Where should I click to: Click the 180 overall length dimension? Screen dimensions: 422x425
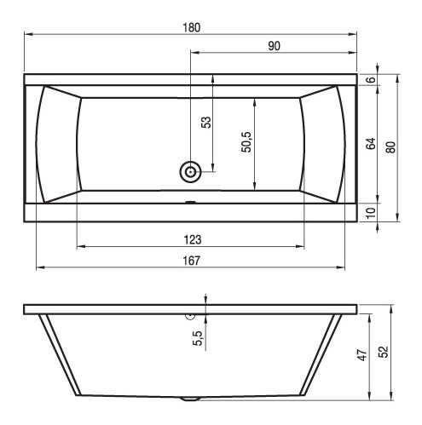pyautogui.click(x=192, y=27)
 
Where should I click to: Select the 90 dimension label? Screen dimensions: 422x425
pyautogui.click(x=274, y=46)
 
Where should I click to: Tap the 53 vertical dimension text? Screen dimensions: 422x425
pyautogui.click(x=206, y=122)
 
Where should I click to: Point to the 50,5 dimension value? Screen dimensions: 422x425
pyautogui.click(x=246, y=142)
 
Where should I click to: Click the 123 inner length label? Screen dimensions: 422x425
pyautogui.click(x=193, y=240)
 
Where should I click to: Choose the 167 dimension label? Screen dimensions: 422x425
pyautogui.click(x=192, y=261)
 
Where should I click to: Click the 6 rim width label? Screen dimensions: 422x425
pyautogui.click(x=371, y=80)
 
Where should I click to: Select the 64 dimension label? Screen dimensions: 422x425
pyautogui.click(x=371, y=144)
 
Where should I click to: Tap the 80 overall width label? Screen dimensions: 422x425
pyautogui.click(x=390, y=147)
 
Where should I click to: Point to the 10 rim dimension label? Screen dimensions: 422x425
pyautogui.click(x=371, y=213)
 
